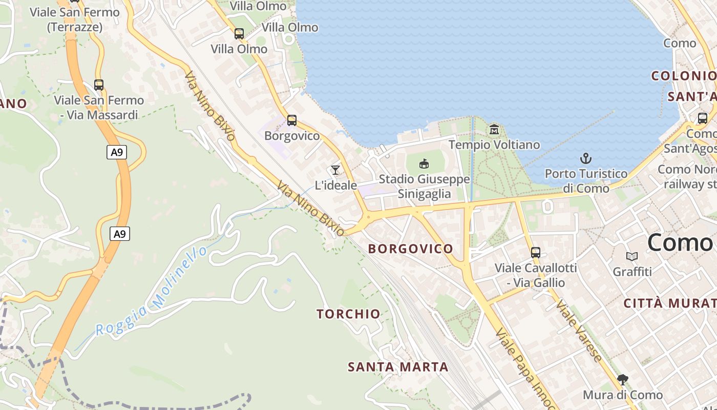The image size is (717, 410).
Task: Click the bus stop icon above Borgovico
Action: point(292,120)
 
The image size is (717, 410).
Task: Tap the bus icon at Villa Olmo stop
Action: point(239,34)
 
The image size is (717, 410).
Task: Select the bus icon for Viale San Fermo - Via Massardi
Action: point(99,85)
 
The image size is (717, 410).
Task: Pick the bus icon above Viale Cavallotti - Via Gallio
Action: point(536,252)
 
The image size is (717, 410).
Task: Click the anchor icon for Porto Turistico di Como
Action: point(586,158)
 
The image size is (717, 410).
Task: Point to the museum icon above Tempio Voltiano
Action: point(494,129)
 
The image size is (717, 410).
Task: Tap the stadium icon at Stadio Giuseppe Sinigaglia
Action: point(424,164)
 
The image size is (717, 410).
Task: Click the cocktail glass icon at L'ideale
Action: point(335,170)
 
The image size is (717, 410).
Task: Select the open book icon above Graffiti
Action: point(632,256)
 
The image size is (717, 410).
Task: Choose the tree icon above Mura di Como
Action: point(623,380)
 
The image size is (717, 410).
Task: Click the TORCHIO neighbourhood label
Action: point(348,314)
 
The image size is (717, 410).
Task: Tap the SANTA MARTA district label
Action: point(398,367)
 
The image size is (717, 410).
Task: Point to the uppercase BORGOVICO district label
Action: point(411,249)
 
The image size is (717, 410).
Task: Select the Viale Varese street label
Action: point(580,331)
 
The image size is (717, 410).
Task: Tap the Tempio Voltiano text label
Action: point(494,145)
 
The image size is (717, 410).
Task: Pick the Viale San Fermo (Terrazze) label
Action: point(75,19)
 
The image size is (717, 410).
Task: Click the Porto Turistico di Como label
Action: point(586,181)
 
